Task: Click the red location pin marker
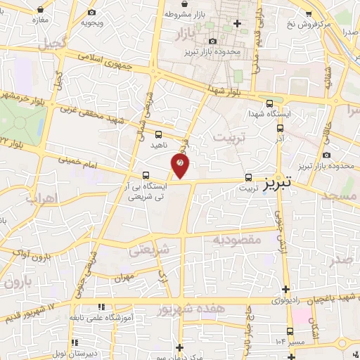(x=181, y=165)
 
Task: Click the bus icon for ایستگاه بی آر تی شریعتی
(x=146, y=175)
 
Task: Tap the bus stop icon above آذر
(x=280, y=129)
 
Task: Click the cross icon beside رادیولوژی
(x=285, y=289)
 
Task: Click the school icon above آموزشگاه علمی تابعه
(x=103, y=307)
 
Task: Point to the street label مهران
(x=122, y=278)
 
